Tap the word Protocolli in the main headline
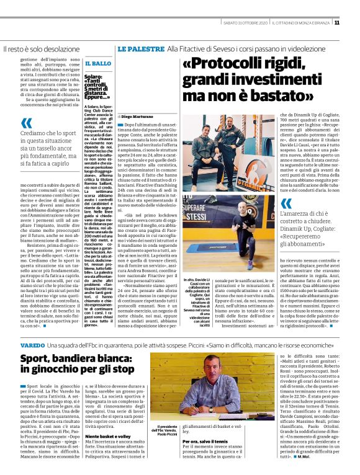pos(220,64)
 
